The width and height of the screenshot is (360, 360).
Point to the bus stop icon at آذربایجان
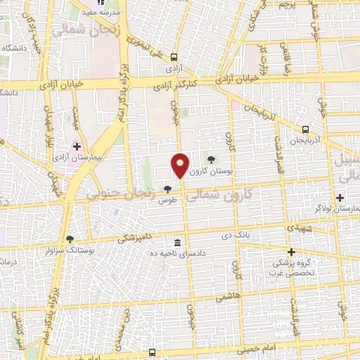(x=305, y=129)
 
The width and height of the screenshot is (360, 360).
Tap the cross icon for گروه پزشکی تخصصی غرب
(x=291, y=252)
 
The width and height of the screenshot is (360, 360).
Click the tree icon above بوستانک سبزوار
(x=69, y=239)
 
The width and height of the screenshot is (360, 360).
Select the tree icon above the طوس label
(x=167, y=188)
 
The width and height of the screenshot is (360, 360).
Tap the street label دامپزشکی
(x=132, y=239)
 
